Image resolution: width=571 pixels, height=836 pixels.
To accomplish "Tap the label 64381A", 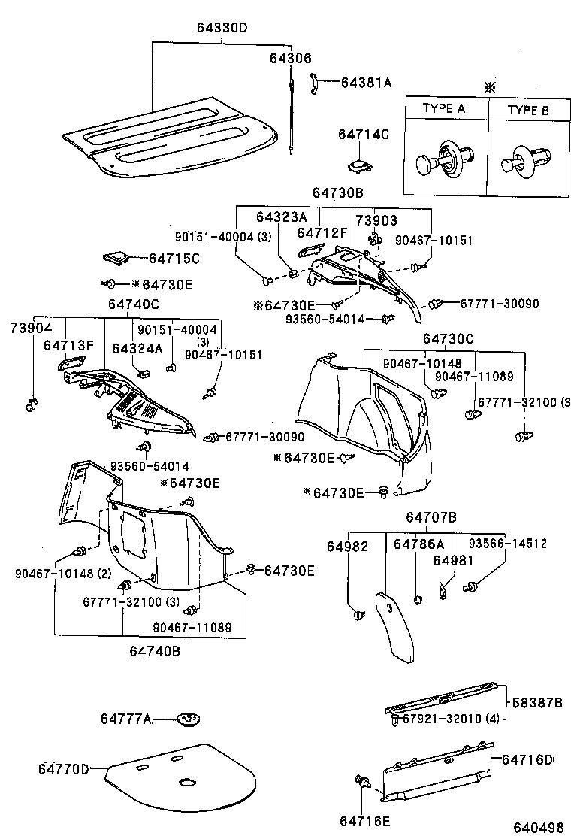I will (367, 83).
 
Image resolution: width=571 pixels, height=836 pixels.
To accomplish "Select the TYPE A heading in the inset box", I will (443, 109).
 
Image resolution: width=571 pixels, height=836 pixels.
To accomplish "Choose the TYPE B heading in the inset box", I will (527, 110).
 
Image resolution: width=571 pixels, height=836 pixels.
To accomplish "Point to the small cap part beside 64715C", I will (115, 258).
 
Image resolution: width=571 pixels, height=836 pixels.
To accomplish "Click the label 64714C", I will (364, 135).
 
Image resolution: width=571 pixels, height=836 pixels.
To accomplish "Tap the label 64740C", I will (133, 304).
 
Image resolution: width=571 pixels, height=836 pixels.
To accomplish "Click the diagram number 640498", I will (538, 827).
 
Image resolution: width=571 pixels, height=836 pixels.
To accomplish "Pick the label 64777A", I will (125, 719).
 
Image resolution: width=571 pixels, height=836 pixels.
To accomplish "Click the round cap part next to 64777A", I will (188, 719).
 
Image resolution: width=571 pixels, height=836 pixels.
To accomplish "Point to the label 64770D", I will (64, 768).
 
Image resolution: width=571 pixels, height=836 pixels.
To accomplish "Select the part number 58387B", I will (537, 703).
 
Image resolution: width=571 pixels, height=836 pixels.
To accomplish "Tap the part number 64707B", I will (431, 517).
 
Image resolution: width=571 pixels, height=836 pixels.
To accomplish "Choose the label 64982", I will (347, 546).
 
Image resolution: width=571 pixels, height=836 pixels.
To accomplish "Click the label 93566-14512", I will (508, 544).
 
